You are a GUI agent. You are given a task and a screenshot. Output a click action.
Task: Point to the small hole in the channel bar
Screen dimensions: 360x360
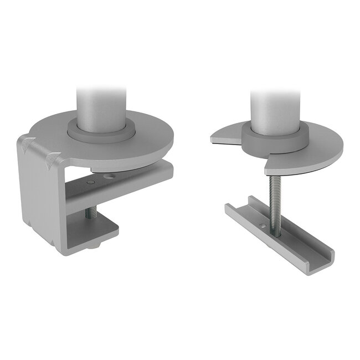tap(263, 225)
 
